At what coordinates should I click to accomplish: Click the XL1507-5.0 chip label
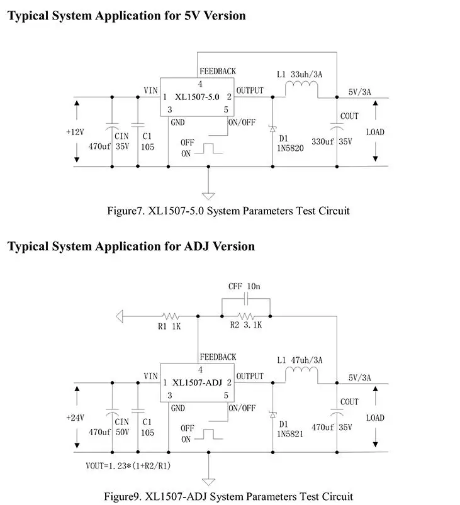click(197, 97)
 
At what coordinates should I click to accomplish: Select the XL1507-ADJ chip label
click(197, 382)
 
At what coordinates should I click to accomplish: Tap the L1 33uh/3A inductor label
click(300, 74)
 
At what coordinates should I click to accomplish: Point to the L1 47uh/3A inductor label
click(300, 360)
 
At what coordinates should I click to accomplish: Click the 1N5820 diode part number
click(290, 148)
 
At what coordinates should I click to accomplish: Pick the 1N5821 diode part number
click(290, 434)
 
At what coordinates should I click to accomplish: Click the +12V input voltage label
click(75, 132)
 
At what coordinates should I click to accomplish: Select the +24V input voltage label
click(75, 418)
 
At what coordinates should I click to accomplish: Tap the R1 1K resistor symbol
click(171, 316)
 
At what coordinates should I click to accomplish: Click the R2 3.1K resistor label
click(245, 325)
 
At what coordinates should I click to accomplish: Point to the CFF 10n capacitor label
click(244, 286)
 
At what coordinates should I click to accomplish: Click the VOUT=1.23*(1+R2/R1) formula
click(128, 466)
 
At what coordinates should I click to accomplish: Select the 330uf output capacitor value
click(322, 142)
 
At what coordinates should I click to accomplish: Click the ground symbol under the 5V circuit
click(208, 196)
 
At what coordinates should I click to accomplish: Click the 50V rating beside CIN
click(122, 432)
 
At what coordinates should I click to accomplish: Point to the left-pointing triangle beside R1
click(120, 316)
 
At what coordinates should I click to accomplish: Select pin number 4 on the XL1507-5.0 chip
click(200, 84)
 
